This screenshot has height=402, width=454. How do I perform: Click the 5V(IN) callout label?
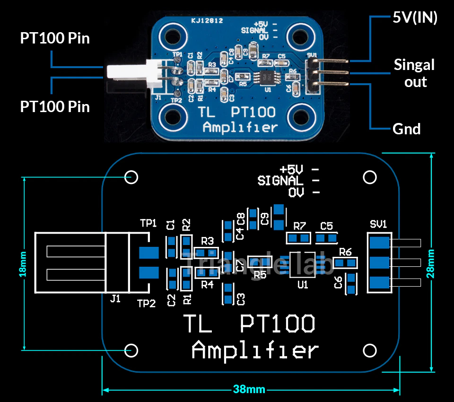point(415,18)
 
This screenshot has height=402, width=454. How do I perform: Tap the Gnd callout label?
point(406,129)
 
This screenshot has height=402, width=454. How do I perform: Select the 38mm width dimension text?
point(249,390)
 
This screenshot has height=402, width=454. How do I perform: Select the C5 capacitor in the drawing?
point(327,238)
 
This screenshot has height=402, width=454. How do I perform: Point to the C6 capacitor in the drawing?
point(351,283)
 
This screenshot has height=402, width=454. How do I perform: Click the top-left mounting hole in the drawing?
point(131,177)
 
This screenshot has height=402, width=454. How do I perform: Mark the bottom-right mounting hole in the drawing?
point(369,350)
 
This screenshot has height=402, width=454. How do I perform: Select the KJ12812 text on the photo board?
point(207,21)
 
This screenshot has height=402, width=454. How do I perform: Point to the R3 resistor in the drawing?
point(205,252)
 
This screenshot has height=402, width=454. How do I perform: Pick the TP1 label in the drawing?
point(148,223)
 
